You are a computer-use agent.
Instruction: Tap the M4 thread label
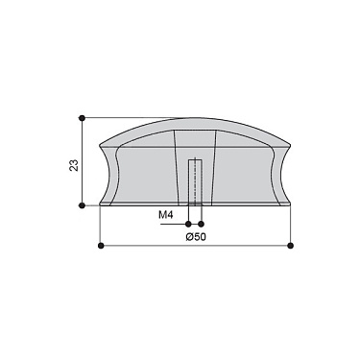coord(165,216)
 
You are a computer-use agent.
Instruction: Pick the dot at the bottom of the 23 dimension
coord(82,204)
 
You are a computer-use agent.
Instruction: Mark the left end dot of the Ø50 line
coord(102,246)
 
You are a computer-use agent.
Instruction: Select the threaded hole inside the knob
coord(194,182)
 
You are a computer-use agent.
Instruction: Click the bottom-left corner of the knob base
coord(101,204)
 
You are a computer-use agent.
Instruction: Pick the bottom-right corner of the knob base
coord(287,204)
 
